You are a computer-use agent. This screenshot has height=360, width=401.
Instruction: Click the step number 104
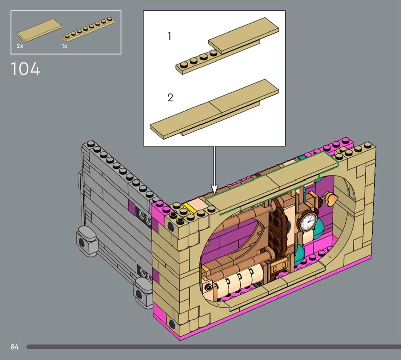pyautogui.click(x=25, y=69)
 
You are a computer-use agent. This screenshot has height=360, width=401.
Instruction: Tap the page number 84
pyautogui.click(x=15, y=347)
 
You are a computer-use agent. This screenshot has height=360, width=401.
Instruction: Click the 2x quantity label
pyautogui.click(x=20, y=46)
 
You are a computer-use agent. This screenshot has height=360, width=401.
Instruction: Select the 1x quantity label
pyautogui.click(x=64, y=46)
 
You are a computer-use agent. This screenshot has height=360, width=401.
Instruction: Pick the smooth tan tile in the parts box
pyautogui.click(x=39, y=30)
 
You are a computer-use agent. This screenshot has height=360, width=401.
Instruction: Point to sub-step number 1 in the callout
pyautogui.click(x=169, y=36)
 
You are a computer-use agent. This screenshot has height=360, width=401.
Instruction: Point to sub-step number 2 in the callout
pyautogui.click(x=170, y=97)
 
